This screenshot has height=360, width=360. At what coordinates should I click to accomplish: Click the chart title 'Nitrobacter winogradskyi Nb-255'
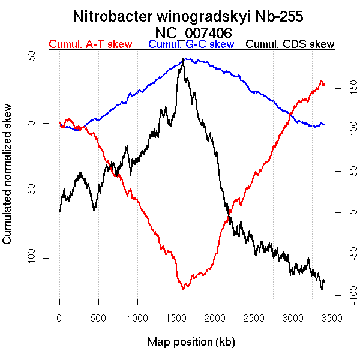pyautogui.click(x=192, y=16)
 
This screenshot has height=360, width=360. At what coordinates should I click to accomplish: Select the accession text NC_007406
pyautogui.click(x=192, y=32)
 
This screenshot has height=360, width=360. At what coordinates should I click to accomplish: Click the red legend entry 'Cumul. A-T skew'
pyautogui.click(x=90, y=44)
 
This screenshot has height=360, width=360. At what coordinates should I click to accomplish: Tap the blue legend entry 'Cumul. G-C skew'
pyautogui.click(x=191, y=44)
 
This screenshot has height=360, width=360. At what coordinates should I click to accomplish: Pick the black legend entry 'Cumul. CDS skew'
pyautogui.click(x=290, y=44)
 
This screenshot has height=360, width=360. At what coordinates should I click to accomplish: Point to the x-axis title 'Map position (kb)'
pyautogui.click(x=191, y=342)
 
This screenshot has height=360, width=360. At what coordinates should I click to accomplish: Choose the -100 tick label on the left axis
pyautogui.click(x=37, y=258)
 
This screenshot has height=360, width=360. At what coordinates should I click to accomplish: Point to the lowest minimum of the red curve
pyautogui.click(x=183, y=289)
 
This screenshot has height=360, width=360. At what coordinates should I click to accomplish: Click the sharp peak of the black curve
pyautogui.click(x=184, y=59)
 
